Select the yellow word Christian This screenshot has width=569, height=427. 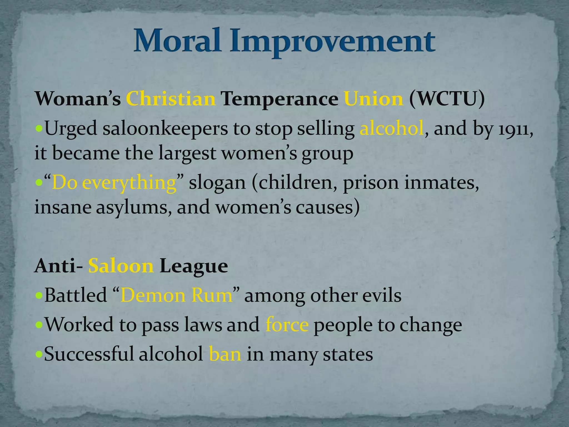(171, 99)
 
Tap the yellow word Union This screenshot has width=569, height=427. (373, 99)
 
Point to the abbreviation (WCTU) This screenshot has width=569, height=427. (447, 99)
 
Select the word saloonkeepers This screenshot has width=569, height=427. (165, 129)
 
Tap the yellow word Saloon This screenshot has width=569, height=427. (121, 266)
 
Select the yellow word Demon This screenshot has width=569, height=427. (153, 296)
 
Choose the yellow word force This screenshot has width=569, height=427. (287, 325)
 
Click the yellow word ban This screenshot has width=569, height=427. (225, 354)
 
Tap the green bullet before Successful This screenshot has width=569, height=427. (39, 354)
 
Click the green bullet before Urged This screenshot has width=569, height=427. (39, 129)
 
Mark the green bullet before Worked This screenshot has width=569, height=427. (39, 325)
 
